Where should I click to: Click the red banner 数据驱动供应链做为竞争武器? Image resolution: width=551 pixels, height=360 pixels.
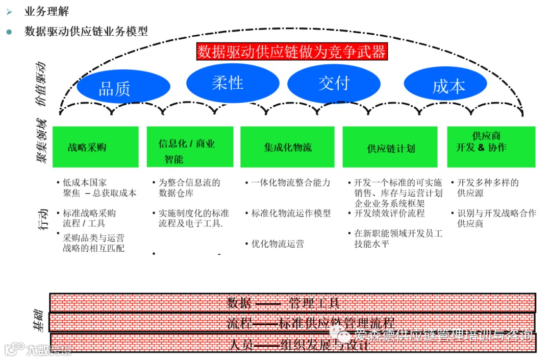click(292, 52)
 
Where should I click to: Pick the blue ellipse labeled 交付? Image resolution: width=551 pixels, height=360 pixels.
click(334, 83)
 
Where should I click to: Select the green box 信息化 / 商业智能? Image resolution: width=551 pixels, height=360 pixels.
click(190, 147)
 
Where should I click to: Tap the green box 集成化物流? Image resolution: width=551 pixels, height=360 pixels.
click(287, 147)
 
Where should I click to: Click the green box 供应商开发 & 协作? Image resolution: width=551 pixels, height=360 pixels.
click(491, 147)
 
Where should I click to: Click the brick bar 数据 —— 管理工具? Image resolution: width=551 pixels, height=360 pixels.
click(292, 303)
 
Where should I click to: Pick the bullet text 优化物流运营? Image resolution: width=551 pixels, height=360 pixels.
click(277, 244)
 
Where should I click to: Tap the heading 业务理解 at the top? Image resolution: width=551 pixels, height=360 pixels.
click(46, 11)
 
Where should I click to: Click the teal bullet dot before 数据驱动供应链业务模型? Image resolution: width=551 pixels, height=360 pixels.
click(9, 31)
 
